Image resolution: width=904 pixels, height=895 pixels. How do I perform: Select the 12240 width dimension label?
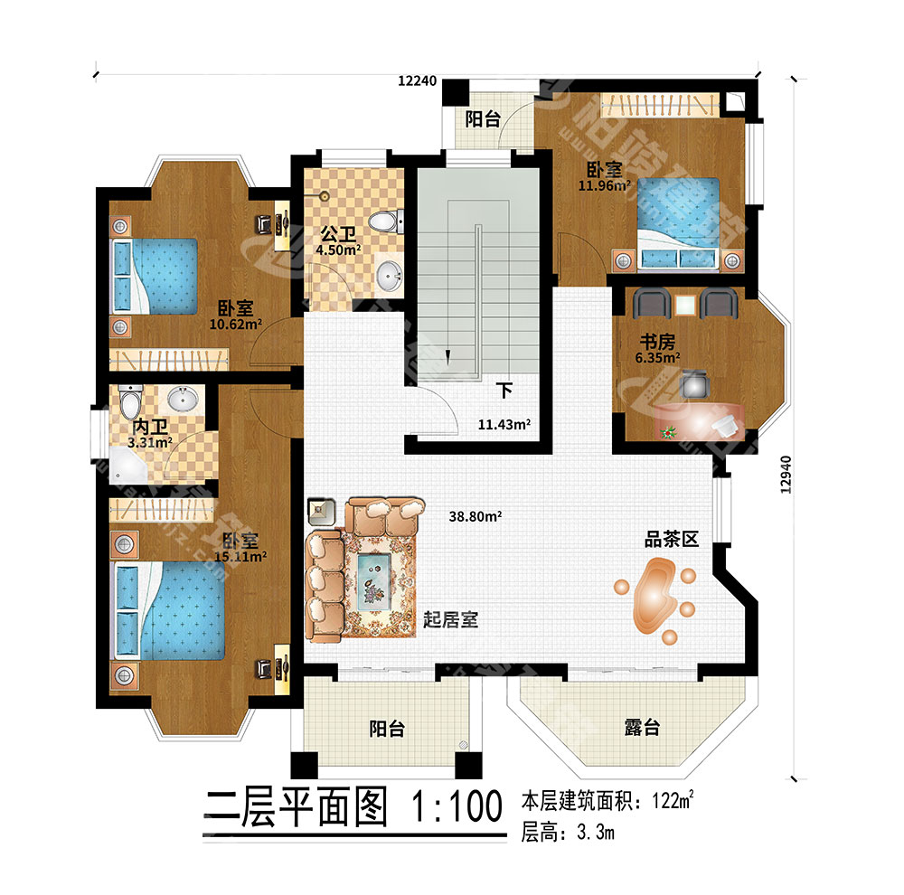418,80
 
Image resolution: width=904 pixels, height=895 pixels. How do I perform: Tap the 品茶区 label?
672,541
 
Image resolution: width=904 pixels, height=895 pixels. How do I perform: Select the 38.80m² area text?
476,517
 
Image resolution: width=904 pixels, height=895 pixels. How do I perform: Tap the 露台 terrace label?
640,728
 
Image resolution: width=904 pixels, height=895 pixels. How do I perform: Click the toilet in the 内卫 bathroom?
130,400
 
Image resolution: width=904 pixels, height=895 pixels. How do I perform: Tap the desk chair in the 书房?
694,383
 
